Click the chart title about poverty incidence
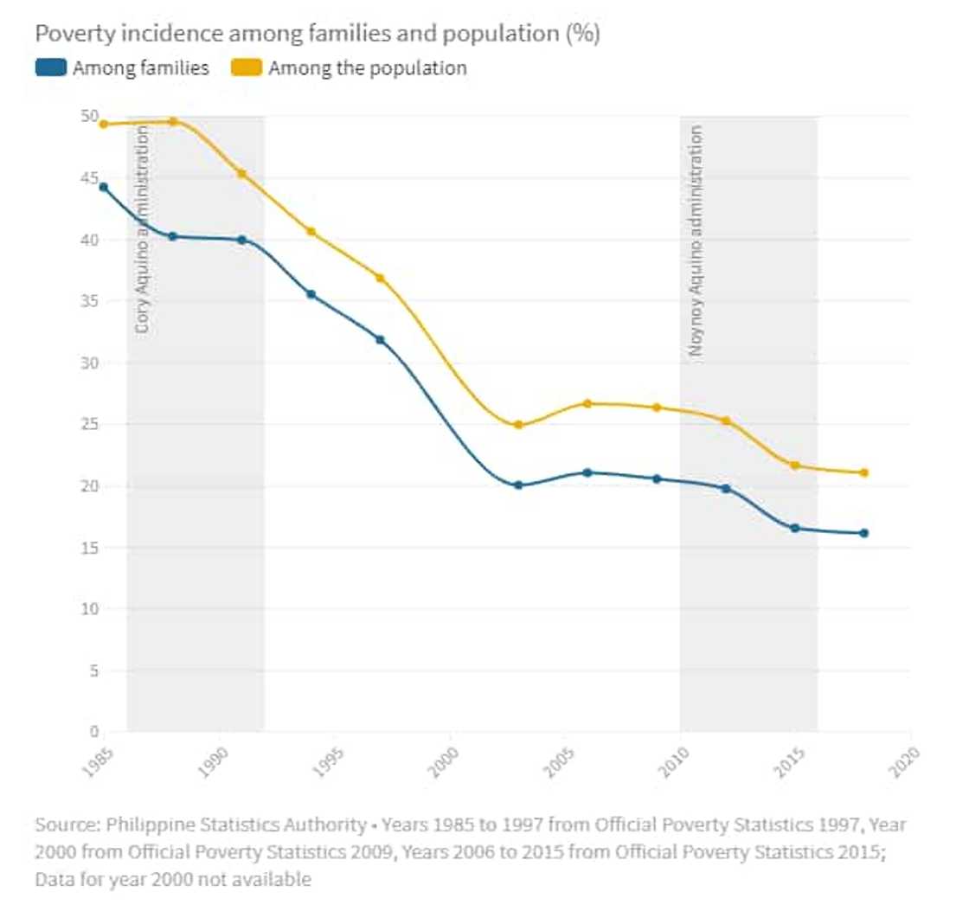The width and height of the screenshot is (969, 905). point(318,34)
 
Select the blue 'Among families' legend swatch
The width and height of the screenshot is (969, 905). point(50,68)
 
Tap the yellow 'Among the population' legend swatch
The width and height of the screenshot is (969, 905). point(247,68)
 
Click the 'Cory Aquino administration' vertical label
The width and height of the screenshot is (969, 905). point(144,230)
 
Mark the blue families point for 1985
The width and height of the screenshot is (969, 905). point(104,187)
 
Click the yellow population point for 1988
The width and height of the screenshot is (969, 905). point(173,121)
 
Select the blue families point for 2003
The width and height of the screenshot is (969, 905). point(518,485)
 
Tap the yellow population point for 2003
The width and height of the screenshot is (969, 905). point(518,425)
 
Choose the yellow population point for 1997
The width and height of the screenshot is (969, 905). point(380,278)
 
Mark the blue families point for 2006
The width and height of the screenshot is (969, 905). point(587,472)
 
